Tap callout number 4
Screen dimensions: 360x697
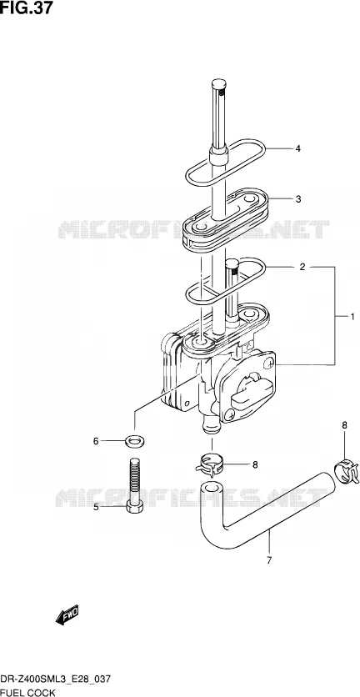[x=298, y=149]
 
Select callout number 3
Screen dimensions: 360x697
[x=298, y=198]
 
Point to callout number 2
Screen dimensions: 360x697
[x=302, y=267]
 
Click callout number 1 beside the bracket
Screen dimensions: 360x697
[x=352, y=317]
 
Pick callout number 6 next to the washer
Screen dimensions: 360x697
[x=96, y=441]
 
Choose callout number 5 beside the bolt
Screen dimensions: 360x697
[x=96, y=506]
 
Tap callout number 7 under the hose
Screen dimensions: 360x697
[x=269, y=560]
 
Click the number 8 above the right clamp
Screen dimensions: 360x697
[x=344, y=425]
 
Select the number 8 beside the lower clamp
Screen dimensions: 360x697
[x=255, y=465]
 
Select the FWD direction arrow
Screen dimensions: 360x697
[x=67, y=614]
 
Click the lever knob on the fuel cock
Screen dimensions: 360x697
[x=248, y=390]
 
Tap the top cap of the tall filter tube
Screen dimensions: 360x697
[x=218, y=83]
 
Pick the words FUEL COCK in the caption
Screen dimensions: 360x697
[x=27, y=692]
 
